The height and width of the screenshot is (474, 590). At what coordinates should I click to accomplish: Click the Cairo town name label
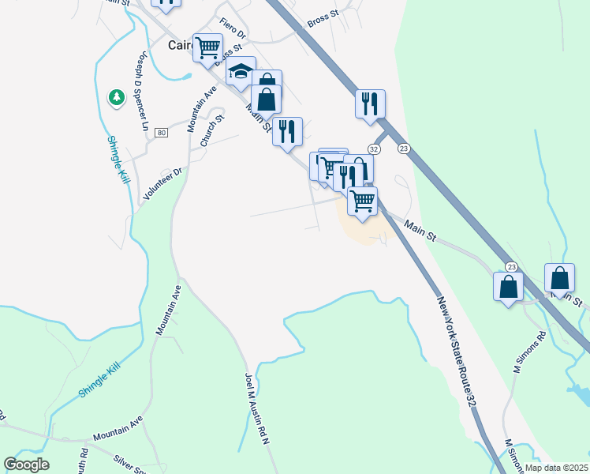(180, 45)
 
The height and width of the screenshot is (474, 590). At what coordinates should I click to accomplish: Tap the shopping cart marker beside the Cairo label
(208, 47)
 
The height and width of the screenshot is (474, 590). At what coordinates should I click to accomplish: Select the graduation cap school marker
(241, 72)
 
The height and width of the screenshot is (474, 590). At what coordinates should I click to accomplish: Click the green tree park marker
(117, 97)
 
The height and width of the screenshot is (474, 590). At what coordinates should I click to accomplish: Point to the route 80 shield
(162, 132)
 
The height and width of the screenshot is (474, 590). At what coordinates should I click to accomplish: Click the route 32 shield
(374, 149)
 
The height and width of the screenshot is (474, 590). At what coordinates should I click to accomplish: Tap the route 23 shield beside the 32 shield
(404, 149)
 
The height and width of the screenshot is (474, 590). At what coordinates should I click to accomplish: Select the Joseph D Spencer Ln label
(142, 92)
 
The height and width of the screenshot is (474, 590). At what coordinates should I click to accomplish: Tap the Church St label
(212, 130)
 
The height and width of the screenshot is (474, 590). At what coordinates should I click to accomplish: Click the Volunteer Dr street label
(162, 184)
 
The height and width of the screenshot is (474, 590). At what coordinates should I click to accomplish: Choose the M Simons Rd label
(529, 352)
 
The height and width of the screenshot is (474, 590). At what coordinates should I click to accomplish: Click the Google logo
(26, 465)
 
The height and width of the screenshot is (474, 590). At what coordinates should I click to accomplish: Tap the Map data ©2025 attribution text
(556, 468)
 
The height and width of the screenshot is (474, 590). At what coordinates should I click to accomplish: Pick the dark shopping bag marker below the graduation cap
(267, 100)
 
